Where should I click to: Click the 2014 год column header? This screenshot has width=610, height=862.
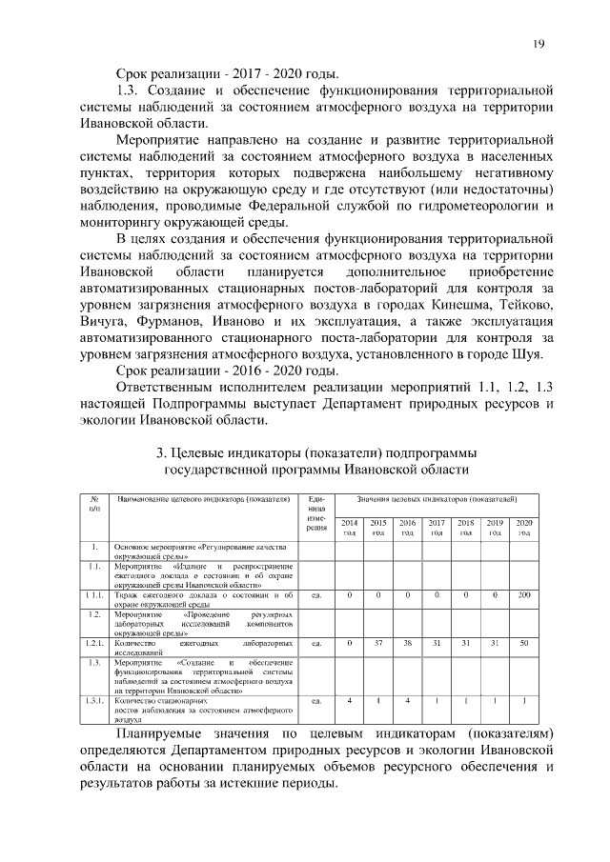pyautogui.click(x=350, y=528)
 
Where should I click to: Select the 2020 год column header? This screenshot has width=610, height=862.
pyautogui.click(x=523, y=528)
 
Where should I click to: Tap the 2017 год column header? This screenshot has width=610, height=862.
pyautogui.click(x=437, y=528)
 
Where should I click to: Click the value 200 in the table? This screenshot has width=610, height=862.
pyautogui.click(x=523, y=595)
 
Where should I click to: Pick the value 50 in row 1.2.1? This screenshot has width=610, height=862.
pyautogui.click(x=523, y=644)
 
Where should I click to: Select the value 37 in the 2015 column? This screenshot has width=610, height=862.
pyautogui.click(x=378, y=644)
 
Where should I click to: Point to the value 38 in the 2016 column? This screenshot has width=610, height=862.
pyautogui.click(x=407, y=644)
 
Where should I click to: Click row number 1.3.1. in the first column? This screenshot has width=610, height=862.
pyautogui.click(x=94, y=701)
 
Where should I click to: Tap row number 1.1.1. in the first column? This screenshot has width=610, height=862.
pyautogui.click(x=94, y=595)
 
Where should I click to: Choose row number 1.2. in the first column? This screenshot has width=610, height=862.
pyautogui.click(x=94, y=614)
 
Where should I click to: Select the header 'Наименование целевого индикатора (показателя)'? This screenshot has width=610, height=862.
pyautogui.click(x=202, y=499)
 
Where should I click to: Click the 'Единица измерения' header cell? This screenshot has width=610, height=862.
pyautogui.click(x=316, y=514)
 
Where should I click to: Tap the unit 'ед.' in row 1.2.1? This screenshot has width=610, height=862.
pyautogui.click(x=316, y=644)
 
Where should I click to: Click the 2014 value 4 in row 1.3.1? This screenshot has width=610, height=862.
pyautogui.click(x=350, y=701)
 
